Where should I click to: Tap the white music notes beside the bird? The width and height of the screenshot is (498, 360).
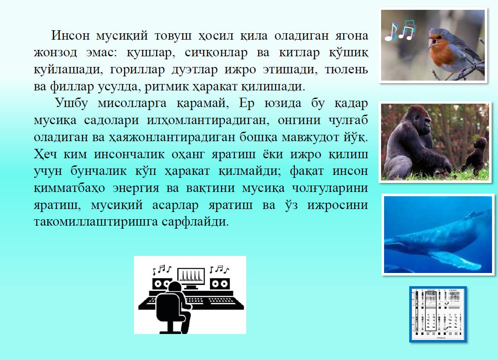[400, 31]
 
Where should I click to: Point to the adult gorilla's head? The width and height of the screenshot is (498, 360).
[419, 119]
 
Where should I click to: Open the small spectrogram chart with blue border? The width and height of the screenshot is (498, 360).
[438, 314]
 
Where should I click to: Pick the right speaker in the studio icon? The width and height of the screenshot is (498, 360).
[219, 283]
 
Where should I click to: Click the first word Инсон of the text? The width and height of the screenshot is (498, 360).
[70, 35]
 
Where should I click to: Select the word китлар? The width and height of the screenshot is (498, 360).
[299, 52]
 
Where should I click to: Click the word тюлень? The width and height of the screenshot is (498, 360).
[346, 69]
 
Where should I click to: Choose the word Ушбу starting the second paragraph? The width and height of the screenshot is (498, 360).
[71, 103]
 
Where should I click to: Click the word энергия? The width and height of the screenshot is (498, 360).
[136, 188]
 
